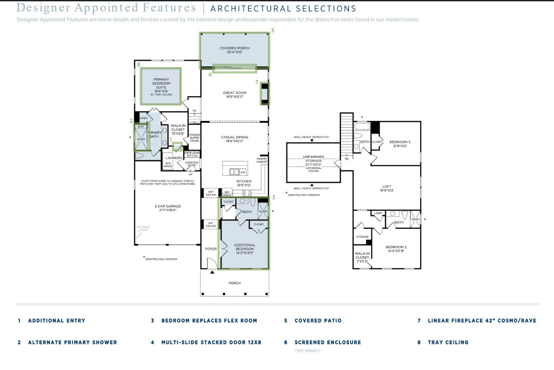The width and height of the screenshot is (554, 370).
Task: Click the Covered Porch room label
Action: (235, 50)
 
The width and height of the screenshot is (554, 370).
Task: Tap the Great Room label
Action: (235, 95)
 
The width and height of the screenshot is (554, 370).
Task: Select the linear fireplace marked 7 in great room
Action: (264, 93)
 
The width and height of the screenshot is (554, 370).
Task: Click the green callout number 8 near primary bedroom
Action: (139, 65)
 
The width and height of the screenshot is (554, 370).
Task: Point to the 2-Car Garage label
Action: (167, 208)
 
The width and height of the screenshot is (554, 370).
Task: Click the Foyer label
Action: (211, 249)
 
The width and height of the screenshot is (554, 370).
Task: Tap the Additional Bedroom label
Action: (245, 249)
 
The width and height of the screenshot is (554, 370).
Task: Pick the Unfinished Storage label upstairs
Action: (313, 161)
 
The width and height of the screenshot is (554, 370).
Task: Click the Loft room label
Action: (387, 188)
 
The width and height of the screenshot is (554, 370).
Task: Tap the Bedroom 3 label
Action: (400, 144)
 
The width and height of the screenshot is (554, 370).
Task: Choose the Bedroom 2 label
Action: (396, 249)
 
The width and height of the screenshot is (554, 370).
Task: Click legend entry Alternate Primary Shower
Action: (72, 342)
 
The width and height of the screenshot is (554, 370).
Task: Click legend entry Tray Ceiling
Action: (448, 342)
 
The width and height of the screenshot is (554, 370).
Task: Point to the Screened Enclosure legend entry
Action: (328, 342)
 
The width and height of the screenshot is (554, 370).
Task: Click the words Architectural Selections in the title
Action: (283, 9)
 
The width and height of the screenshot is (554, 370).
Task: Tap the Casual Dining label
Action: (235, 139)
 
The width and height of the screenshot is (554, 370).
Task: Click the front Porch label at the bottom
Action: (235, 283)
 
